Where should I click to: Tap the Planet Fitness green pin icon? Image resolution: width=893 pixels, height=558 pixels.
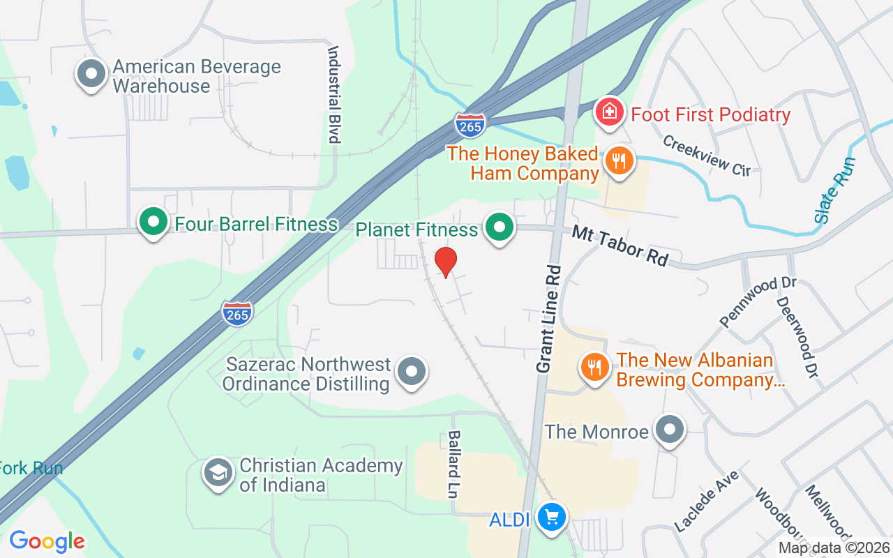[500, 227]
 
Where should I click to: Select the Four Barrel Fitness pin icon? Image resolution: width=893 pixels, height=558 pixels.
[153, 223]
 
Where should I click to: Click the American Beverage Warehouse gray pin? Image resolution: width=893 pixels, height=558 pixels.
[91, 75]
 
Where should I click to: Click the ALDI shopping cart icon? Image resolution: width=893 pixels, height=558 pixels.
[553, 518]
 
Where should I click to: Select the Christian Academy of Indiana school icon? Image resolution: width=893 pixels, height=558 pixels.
[218, 474]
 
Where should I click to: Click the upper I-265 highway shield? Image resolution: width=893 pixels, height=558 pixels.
[470, 126]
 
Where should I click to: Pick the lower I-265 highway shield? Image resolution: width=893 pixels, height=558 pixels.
[237, 313]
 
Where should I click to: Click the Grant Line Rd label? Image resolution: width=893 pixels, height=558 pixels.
[549, 318]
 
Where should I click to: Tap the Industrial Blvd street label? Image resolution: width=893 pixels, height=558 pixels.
[334, 94]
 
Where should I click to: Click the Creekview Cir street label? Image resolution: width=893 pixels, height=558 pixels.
[707, 155]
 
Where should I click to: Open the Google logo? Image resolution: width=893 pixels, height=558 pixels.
[47, 541]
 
